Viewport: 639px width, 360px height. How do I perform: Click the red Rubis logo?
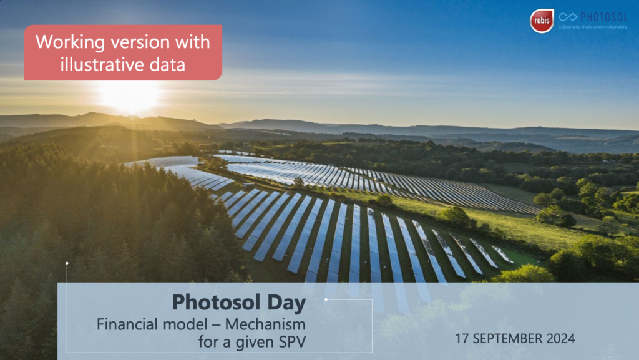(542, 21)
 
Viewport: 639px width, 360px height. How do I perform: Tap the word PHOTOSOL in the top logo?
(604, 17)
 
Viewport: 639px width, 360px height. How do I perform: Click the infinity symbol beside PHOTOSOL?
(568, 17)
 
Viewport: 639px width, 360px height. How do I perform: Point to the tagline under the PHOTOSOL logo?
(593, 27)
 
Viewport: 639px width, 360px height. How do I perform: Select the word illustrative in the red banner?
(103, 64)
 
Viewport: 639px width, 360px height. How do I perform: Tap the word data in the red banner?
(167, 65)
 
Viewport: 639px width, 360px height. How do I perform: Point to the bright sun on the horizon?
(129, 96)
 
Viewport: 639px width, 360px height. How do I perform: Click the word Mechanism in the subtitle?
(265, 324)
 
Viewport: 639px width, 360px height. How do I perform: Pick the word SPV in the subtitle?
(292, 342)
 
